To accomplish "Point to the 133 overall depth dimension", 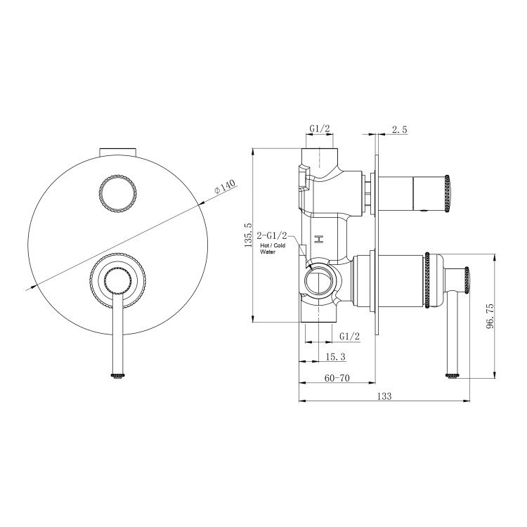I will pos(384,396).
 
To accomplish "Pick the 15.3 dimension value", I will pos(336,357).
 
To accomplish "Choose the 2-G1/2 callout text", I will pos(273,235).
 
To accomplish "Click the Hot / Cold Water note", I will pos(273,247).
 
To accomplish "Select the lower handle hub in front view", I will pos(118,282).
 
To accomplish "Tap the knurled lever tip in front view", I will pos(118,376).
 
